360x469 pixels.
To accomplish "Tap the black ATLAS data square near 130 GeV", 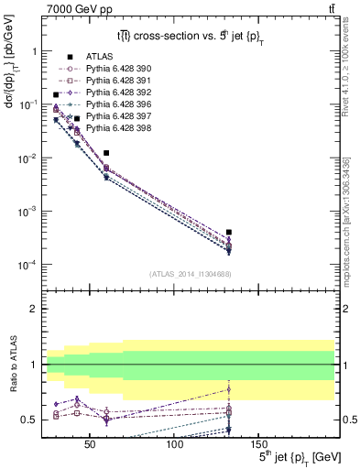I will point(229,233).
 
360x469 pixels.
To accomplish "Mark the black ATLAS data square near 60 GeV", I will point(106,153).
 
